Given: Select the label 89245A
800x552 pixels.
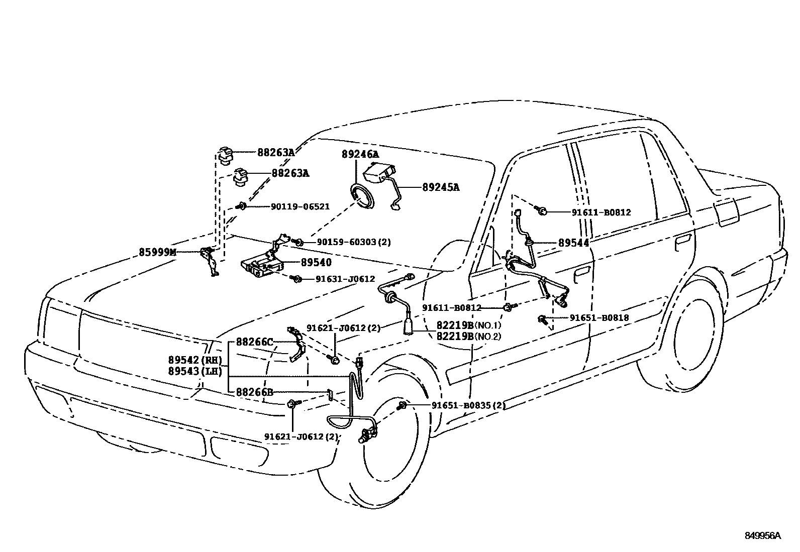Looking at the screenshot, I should [x=441, y=187].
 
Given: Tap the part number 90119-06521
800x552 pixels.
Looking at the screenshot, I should [x=300, y=206].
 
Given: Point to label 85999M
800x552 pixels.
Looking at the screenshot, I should [x=158, y=252].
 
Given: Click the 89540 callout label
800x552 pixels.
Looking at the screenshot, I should [x=316, y=262].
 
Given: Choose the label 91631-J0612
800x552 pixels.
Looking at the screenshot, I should [x=345, y=279].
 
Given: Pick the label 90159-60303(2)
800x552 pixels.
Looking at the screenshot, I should [x=354, y=242].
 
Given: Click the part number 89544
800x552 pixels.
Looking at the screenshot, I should [x=574, y=243].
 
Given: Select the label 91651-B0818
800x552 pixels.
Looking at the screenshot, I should [x=599, y=317].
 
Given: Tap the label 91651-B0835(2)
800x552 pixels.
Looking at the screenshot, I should [x=468, y=405].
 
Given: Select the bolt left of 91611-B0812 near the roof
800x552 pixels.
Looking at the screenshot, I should [x=542, y=210].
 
